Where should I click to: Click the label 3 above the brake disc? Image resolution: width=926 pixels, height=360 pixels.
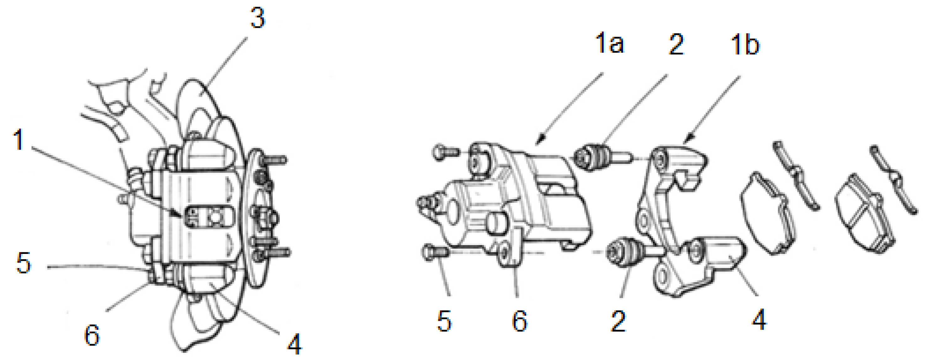[257, 18]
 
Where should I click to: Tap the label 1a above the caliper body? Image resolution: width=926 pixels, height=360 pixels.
[610, 43]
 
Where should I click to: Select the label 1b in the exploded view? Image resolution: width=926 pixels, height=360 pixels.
[745, 45]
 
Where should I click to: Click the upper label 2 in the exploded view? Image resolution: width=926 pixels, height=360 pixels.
[676, 45]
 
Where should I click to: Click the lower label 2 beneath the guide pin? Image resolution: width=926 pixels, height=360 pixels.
[618, 321]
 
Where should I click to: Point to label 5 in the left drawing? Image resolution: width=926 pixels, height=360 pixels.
[24, 263]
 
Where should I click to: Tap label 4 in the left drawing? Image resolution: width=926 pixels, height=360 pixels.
[295, 344]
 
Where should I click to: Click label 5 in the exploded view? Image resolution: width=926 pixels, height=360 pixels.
[444, 321]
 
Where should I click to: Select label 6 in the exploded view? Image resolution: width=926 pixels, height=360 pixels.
[519, 321]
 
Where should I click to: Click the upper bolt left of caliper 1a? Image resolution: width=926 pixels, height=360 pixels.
[446, 153]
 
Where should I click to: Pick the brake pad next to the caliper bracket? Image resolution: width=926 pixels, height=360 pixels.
[767, 214]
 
